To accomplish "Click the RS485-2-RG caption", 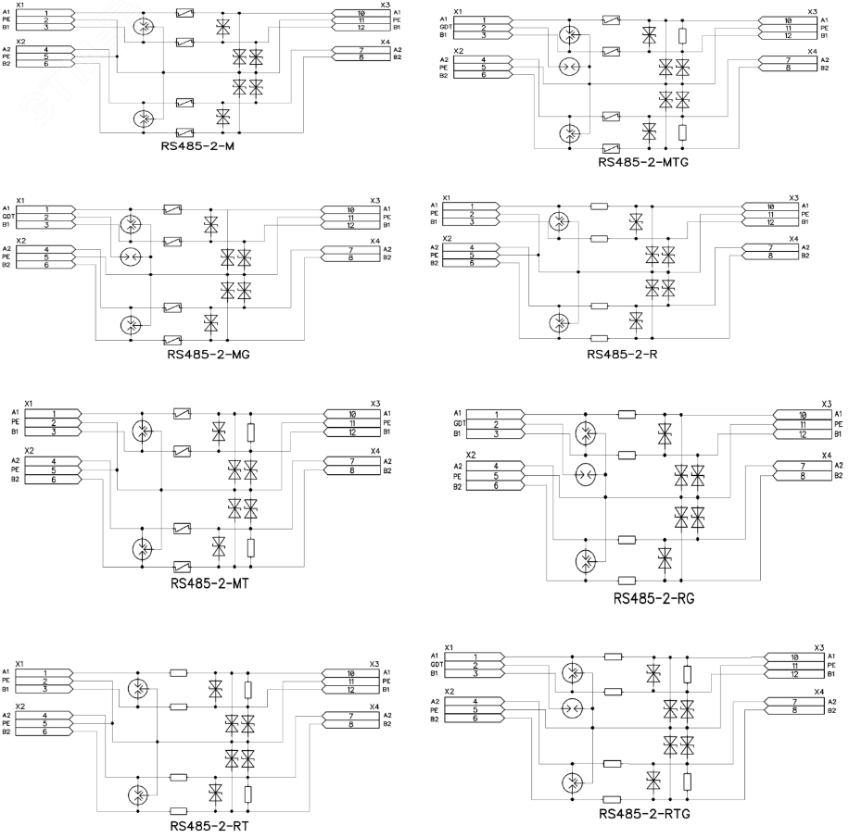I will pos(653,597).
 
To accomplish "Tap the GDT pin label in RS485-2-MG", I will pos(8,217).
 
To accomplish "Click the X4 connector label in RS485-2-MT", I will pos(374,451).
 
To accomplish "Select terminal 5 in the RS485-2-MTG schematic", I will pos(482,68).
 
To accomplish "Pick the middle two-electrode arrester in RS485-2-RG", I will pos(584,475).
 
